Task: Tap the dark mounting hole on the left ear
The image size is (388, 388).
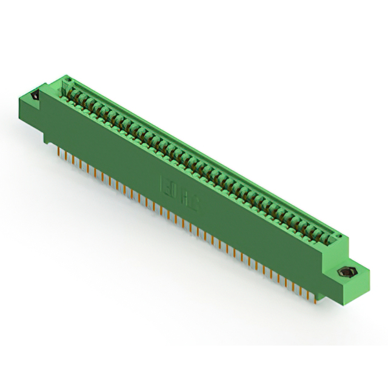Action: click(35, 95)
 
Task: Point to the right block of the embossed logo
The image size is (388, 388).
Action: click(192, 199)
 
